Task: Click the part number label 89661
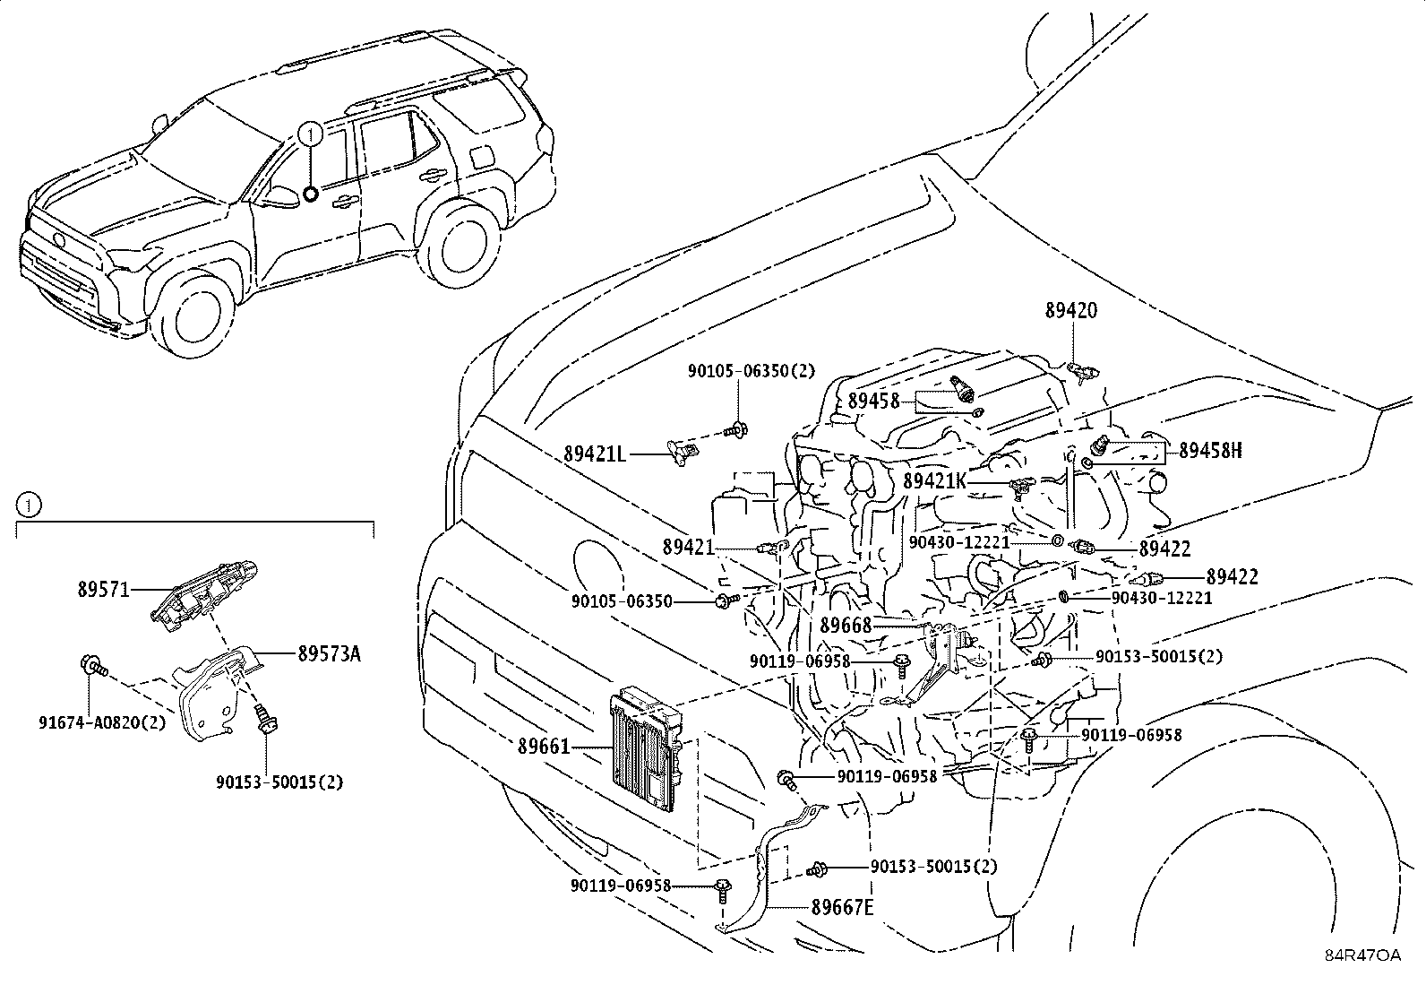coord(543,745)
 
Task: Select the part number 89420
coord(1070,311)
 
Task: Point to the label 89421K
coord(934,481)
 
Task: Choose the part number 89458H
coord(1210,451)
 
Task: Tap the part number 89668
coord(846,626)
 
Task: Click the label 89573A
coord(329,654)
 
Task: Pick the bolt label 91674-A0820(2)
coord(102,721)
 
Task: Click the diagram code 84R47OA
coord(1362,955)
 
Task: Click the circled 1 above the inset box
coord(29,505)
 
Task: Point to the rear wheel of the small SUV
coord(459,246)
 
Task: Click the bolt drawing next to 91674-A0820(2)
coord(92,666)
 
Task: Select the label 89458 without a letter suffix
coord(873,402)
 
